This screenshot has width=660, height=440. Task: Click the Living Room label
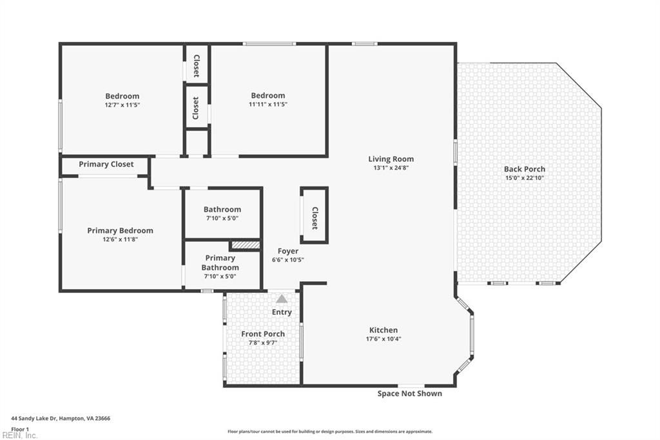(x=391, y=159)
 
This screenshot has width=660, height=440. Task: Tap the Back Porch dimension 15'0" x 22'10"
(x=524, y=177)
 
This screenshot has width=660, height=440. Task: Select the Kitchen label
(x=383, y=330)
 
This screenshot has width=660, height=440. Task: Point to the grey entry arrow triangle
(x=282, y=299)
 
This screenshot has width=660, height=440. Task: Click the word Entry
(x=282, y=312)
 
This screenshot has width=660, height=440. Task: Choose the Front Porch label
(x=263, y=334)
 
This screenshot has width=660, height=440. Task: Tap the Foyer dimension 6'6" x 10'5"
(x=287, y=260)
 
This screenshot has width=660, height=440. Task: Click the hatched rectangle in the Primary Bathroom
(x=245, y=245)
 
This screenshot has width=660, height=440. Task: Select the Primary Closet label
(x=106, y=164)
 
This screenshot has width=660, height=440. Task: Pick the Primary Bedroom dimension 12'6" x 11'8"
(x=121, y=239)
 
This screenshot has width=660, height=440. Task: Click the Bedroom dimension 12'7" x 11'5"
(x=122, y=105)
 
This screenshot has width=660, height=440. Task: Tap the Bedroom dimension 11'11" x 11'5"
(x=268, y=104)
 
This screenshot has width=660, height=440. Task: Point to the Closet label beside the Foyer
(x=315, y=218)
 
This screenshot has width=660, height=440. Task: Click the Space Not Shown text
(x=409, y=394)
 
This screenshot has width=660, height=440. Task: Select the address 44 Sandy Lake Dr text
(x=61, y=418)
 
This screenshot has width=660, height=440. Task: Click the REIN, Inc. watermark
(x=19, y=435)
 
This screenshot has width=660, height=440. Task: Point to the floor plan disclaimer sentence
(x=329, y=432)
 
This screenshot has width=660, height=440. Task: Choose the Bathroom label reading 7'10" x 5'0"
(x=222, y=218)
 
